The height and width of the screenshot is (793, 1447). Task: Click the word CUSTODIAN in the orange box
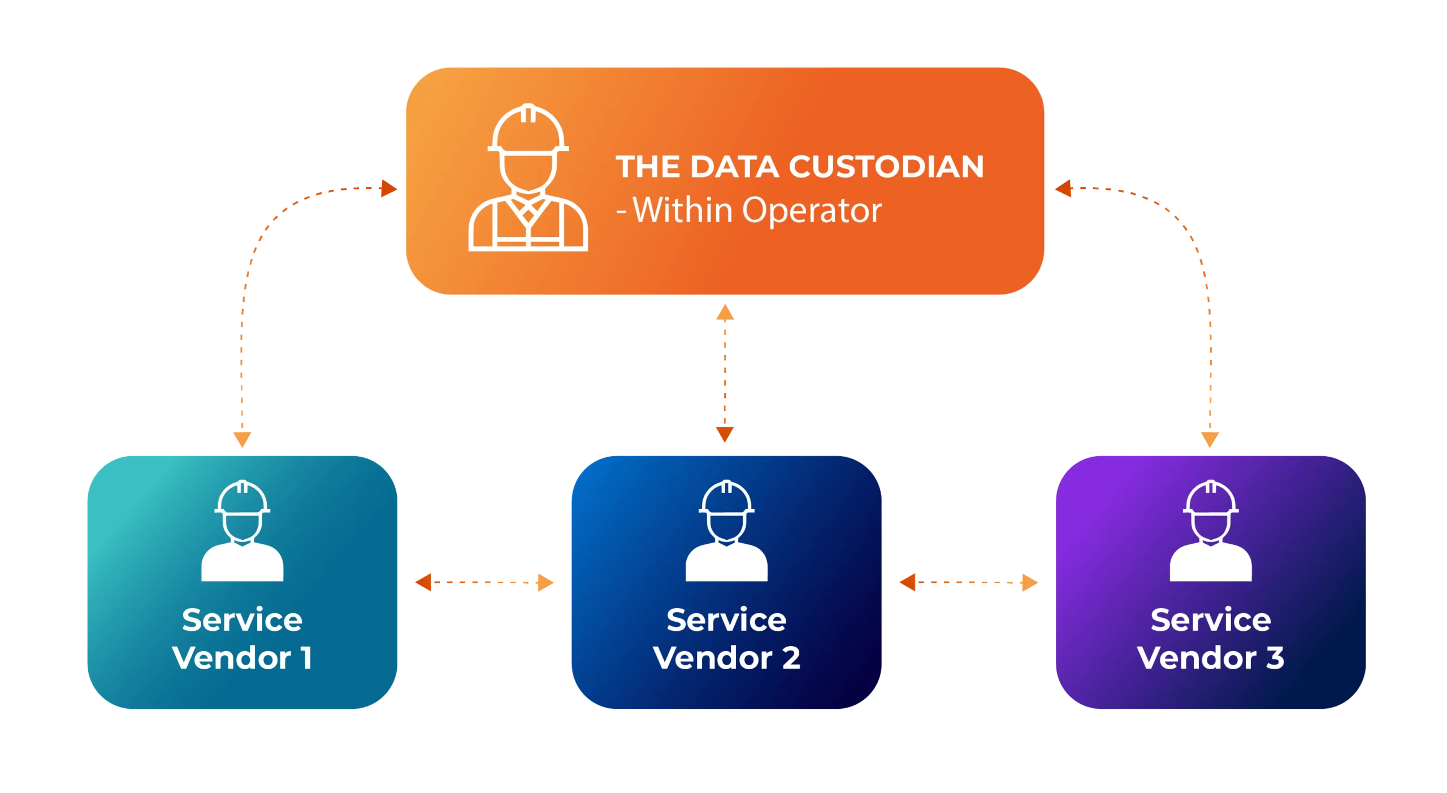pyautogui.click(x=885, y=167)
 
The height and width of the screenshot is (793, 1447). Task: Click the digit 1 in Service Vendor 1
pyautogui.click(x=306, y=658)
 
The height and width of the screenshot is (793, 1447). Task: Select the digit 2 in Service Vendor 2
pyautogui.click(x=791, y=658)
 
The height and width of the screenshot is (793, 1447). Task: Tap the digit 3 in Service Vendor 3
pyautogui.click(x=1275, y=658)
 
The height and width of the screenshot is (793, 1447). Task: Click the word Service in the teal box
pyautogui.click(x=242, y=620)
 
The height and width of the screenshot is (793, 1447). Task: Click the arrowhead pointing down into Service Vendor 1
pyautogui.click(x=242, y=439)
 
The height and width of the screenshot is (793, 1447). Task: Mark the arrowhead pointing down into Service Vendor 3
pyautogui.click(x=1210, y=439)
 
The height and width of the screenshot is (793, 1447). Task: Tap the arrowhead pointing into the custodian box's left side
pyautogui.click(x=389, y=188)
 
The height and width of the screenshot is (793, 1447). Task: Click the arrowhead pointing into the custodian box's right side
pyautogui.click(x=1062, y=188)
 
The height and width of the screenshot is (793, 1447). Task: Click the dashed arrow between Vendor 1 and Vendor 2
pyautogui.click(x=484, y=582)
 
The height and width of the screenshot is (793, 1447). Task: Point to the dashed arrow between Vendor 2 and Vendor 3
pyautogui.click(x=968, y=582)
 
